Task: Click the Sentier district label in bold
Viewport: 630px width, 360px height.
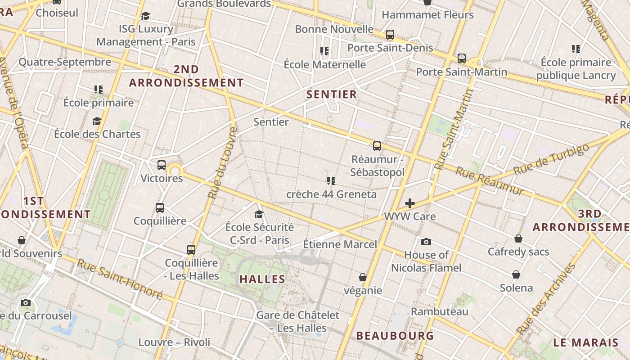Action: coord(331,94)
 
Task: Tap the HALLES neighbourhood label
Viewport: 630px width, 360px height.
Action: coord(262,279)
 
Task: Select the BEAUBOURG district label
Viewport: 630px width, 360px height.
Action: coord(395,336)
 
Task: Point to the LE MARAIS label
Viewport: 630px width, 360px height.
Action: coord(585,342)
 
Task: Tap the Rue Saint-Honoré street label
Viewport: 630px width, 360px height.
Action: coord(120,279)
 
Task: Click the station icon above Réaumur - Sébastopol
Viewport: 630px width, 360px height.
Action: coord(377,146)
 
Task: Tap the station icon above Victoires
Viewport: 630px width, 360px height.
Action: coord(162,165)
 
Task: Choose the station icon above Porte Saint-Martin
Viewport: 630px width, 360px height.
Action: coord(461,58)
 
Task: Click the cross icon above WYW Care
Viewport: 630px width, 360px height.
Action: coord(409,203)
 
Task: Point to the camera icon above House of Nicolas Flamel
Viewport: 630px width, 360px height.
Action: coord(426,242)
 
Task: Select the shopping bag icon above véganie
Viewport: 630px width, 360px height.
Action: coord(363,277)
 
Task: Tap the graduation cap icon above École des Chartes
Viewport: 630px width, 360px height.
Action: coord(97,121)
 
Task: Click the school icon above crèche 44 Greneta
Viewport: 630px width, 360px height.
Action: coord(331,181)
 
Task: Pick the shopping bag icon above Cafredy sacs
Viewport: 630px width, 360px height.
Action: coord(518,238)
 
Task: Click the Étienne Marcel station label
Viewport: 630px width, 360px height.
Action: coord(340,244)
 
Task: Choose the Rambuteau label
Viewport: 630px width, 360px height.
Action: coord(439,311)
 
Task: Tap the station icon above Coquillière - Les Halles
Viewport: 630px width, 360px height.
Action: coord(191,250)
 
